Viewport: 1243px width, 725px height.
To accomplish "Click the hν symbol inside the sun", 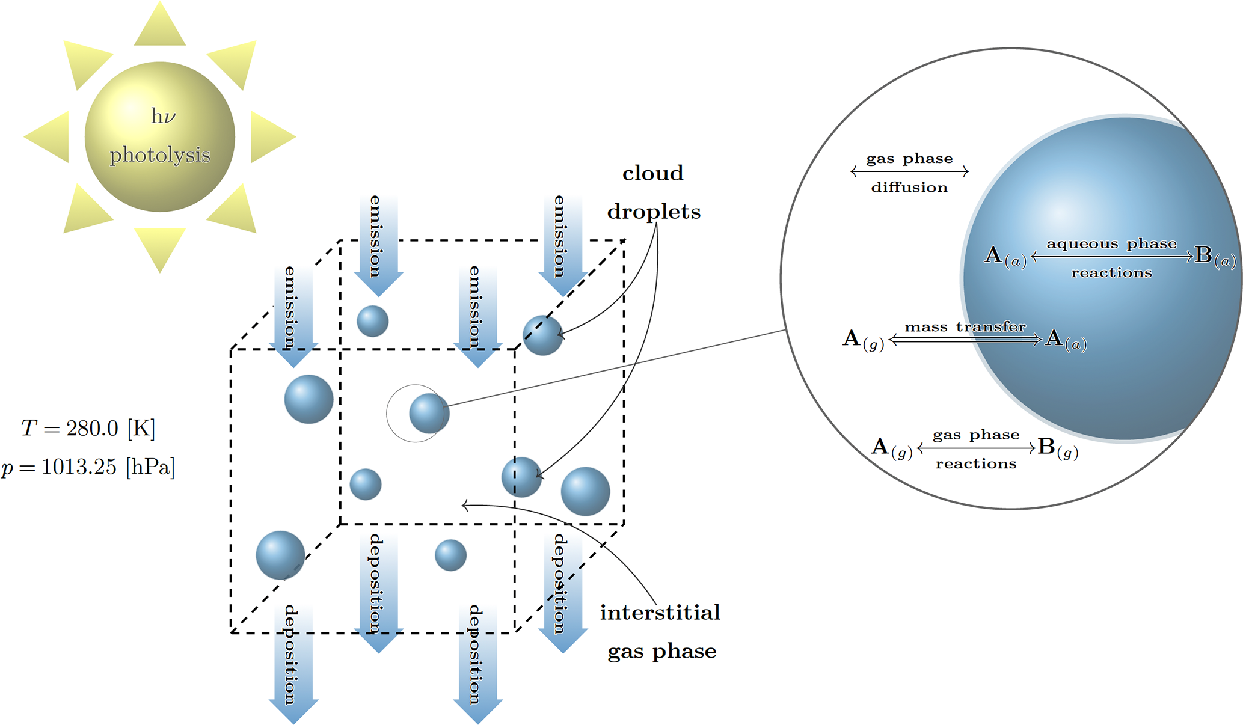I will pos(162,116).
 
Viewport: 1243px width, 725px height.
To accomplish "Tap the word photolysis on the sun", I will pos(160,155).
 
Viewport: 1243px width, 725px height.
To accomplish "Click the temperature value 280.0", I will pos(92,428).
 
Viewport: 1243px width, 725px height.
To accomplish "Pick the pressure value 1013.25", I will pos(79,467).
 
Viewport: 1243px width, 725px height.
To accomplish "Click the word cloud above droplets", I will pos(653,173).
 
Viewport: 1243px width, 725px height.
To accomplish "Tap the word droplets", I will pos(654,212).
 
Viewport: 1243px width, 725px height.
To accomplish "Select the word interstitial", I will pos(660,613).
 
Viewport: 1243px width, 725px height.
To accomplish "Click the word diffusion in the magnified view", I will pos(909,188).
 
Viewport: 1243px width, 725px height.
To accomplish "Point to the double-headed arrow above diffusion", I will pos(909,172).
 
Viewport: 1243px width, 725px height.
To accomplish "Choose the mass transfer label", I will pos(965,327).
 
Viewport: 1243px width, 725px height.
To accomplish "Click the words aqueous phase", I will pos(1111,243).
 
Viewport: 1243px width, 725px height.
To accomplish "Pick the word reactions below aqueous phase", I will pos(1111,273).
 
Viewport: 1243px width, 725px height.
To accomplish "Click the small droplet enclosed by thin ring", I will pos(429,414).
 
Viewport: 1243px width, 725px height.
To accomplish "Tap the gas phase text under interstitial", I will pos(661,652).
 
